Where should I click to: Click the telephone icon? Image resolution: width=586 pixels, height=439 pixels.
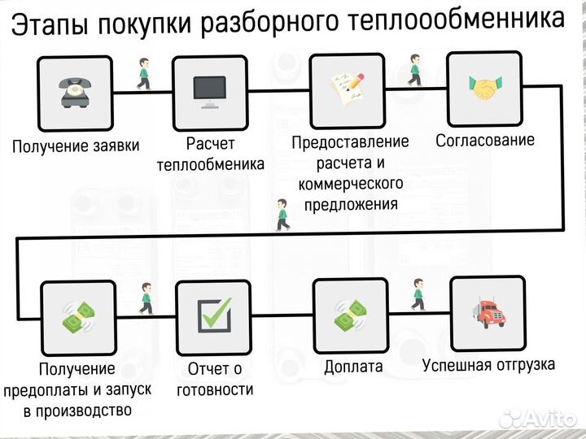point(75,92)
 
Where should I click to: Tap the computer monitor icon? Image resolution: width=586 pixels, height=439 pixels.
point(210,92)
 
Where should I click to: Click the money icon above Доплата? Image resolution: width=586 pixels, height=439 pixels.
point(352,315)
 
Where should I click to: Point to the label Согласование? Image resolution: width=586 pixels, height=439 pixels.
point(485,141)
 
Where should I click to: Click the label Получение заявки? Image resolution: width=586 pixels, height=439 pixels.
point(76,146)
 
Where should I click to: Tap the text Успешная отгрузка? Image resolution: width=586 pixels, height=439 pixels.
point(488,363)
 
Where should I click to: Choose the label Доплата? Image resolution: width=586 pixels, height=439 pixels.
point(353,367)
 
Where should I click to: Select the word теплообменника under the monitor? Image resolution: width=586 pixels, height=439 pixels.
point(210,164)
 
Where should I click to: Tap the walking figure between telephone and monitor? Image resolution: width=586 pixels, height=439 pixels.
point(144,73)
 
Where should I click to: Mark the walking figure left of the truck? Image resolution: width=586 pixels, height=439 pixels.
point(418,294)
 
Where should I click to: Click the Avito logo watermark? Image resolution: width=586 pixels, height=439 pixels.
point(537,418)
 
